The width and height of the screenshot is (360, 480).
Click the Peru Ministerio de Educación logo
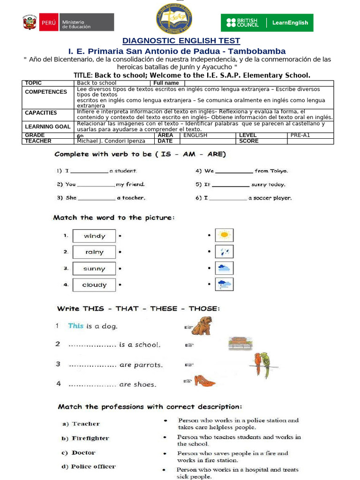point(68,22)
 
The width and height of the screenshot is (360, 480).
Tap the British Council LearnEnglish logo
point(267,22)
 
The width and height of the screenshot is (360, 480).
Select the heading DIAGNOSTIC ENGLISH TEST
point(181,41)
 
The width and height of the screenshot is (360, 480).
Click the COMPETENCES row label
point(46,92)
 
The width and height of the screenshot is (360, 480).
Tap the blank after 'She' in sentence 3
point(97,198)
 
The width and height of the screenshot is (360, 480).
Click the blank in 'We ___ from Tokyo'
point(234,172)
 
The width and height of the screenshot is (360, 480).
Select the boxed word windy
point(94,236)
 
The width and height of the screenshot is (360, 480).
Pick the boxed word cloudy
point(94,285)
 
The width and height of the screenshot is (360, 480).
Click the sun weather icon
point(224,235)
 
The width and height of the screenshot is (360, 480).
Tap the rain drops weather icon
point(224,252)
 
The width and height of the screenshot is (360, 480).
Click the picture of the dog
point(202,325)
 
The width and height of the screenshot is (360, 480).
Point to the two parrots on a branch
point(262,365)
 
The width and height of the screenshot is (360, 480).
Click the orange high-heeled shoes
point(204,381)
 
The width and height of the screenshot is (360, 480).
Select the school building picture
point(240,344)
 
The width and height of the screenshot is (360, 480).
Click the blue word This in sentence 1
point(75,326)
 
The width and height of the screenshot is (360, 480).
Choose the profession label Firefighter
point(90,438)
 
